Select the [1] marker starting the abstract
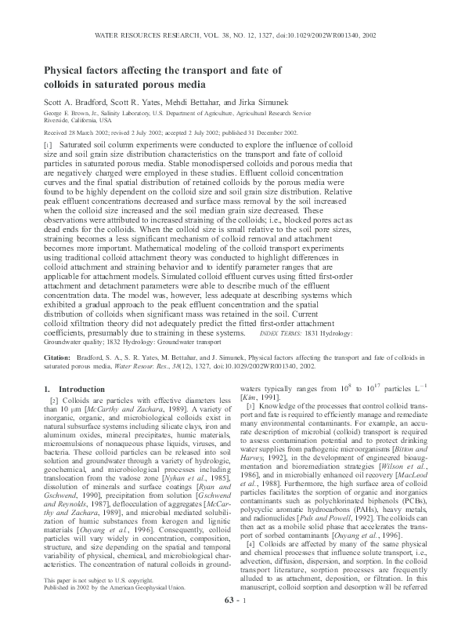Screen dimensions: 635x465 click(x=48, y=146)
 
